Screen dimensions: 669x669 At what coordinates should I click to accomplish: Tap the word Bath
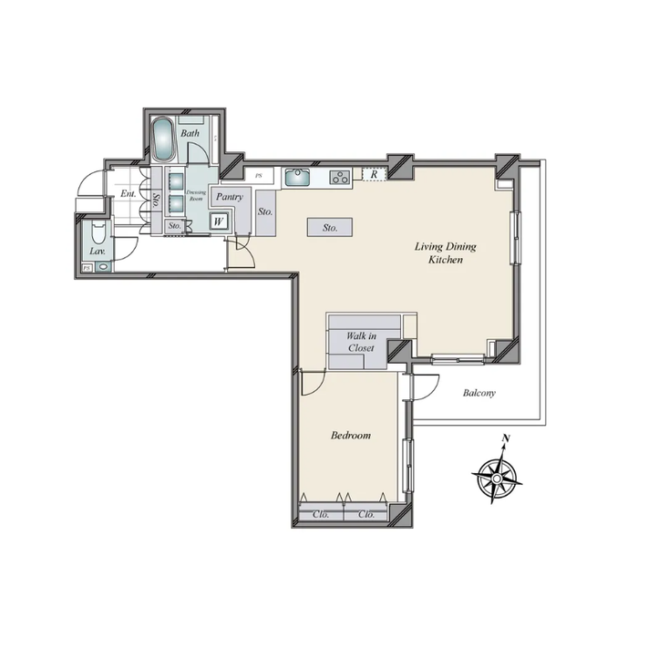(x=190, y=134)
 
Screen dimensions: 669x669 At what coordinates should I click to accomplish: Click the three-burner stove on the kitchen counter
(x=339, y=178)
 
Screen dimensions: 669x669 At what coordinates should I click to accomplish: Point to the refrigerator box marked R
(x=374, y=174)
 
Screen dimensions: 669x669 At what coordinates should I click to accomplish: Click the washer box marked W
(x=219, y=220)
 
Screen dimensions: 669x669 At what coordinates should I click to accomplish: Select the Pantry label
(x=230, y=196)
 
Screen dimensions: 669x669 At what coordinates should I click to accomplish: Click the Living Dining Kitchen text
(x=446, y=253)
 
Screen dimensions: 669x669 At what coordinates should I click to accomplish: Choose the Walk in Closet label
(x=360, y=342)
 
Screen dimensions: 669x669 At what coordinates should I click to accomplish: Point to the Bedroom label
(x=350, y=436)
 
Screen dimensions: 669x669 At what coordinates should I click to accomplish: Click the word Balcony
(x=479, y=393)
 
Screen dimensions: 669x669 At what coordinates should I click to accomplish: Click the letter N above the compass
(x=505, y=440)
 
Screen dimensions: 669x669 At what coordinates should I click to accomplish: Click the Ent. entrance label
(x=128, y=194)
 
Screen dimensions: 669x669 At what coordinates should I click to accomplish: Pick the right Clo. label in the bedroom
(x=367, y=514)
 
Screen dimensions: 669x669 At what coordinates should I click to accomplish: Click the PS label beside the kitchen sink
(x=259, y=174)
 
